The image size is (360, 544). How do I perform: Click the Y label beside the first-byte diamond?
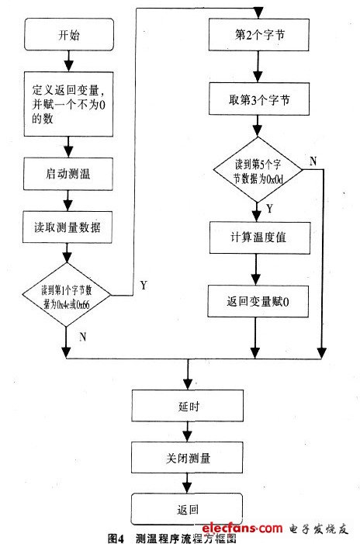pyautogui.click(x=144, y=285)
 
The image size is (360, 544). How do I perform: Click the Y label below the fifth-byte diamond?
pyautogui.click(x=268, y=208)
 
